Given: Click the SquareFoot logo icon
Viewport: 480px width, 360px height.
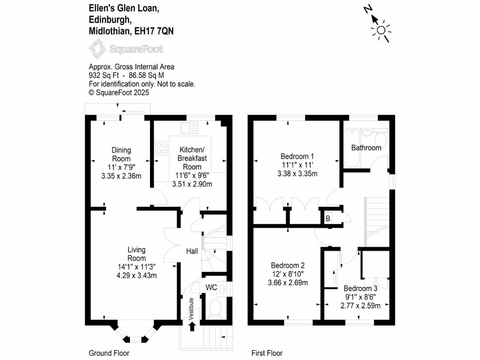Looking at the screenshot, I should pos(97,49).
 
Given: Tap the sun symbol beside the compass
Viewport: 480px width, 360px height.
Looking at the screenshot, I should pos(381,31).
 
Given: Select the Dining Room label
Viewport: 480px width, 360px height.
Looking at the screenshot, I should pos(121,154).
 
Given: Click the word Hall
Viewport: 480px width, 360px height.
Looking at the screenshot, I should pos(192,251).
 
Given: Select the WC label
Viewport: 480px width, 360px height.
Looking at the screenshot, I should pos(211,287).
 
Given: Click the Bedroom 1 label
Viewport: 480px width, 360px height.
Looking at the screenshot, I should pos(297,156).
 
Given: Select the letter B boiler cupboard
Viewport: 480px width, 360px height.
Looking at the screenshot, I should pos(328,218).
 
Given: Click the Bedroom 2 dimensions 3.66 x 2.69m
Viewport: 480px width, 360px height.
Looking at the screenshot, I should pos(287,283).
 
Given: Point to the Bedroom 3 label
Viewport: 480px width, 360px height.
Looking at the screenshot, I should pos(360,288).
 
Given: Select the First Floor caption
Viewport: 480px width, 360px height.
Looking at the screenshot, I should pos(267,353).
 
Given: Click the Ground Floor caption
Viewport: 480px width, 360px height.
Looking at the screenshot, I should pos(109,353).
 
